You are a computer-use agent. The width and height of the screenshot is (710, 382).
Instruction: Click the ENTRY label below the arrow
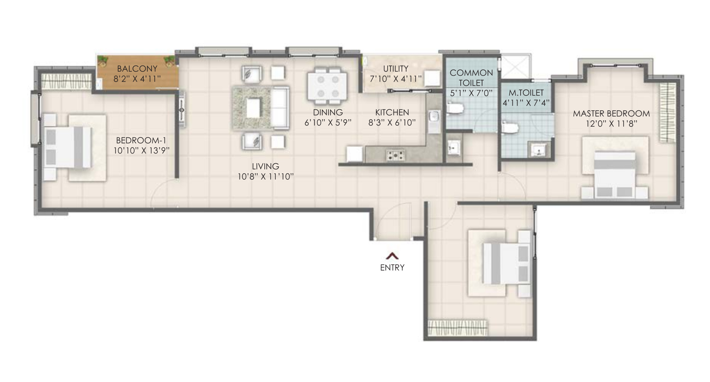pos(392,268)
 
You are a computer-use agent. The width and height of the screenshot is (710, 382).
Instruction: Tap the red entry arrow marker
pos(392,256)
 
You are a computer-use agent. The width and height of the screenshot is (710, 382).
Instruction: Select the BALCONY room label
pos(137,69)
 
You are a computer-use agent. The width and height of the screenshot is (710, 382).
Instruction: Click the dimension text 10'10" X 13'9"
pos(141,151)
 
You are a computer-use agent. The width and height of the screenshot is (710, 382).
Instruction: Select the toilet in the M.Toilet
pos(510,127)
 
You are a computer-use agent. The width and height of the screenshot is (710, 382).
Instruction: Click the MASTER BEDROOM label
pos(611,113)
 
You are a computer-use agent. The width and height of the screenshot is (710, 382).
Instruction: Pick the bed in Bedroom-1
pos(68,147)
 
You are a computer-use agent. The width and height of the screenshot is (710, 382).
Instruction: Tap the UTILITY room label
pos(395,69)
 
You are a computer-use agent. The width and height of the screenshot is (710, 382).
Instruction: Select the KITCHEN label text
pos(392,113)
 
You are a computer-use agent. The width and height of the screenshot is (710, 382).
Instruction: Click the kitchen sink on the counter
pos(434,121)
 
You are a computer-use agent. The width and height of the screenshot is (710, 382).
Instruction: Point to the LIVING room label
pos(265,166)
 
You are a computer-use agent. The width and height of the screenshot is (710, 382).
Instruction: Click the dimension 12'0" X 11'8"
pos(611,124)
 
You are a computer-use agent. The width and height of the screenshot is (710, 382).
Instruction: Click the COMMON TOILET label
pos(471,78)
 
